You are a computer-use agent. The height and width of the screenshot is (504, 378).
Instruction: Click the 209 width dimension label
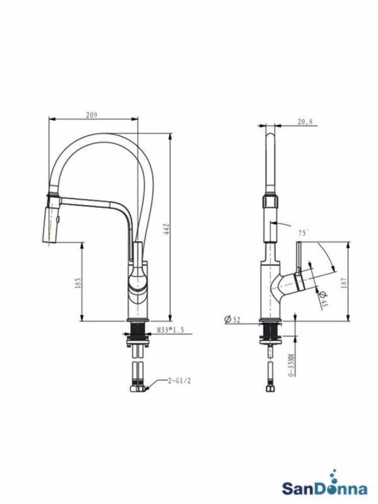point(91,114)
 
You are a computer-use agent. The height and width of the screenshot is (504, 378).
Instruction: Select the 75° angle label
point(304,232)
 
